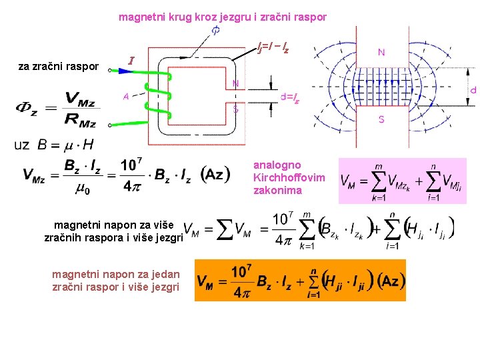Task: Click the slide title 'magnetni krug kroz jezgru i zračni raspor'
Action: [x=223, y=17]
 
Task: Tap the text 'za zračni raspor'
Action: [x=59, y=66]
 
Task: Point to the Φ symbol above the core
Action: [x=216, y=31]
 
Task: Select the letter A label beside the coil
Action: [x=126, y=95]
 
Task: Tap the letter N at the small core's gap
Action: [x=236, y=83]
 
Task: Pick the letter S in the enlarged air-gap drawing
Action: [x=381, y=119]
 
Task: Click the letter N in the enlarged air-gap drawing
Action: [x=381, y=52]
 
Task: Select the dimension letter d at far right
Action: [x=473, y=89]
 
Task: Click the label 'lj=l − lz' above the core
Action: [x=274, y=47]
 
